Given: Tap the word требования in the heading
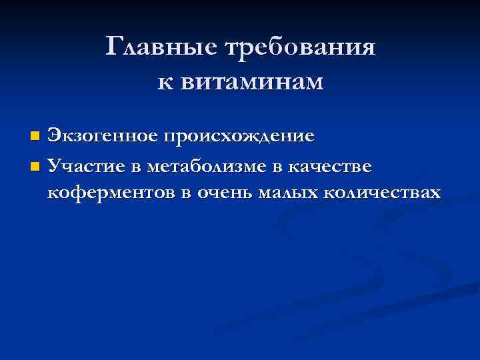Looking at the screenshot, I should click(301, 49).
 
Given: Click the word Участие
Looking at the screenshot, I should click(86, 165).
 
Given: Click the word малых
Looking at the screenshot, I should click(287, 193).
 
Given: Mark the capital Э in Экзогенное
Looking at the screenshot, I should click(55, 136).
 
